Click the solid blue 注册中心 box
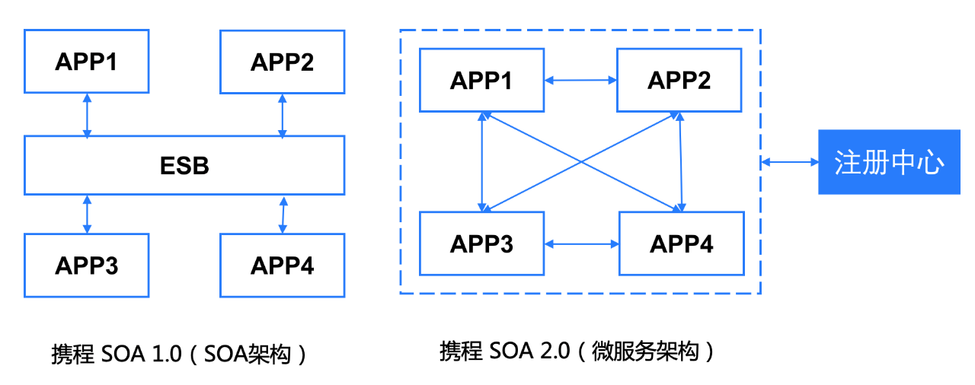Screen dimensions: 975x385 pyautogui.click(x=889, y=162)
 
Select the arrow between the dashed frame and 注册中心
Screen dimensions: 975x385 pyautogui.click(x=790, y=162)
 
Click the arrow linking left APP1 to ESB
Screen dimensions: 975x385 pyautogui.click(x=87, y=115)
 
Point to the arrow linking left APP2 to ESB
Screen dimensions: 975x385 pyautogui.click(x=283, y=116)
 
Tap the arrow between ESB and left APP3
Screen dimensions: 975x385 pyautogui.click(x=87, y=215)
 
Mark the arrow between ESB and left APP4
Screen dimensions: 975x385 pyautogui.click(x=283, y=215)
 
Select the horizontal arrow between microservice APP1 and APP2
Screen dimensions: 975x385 pyautogui.click(x=580, y=80)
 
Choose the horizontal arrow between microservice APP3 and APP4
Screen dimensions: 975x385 pyautogui.click(x=582, y=244)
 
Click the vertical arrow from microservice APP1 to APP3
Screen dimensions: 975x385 pyautogui.click(x=482, y=162)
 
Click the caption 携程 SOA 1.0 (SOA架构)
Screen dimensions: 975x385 pyautogui.click(x=179, y=354)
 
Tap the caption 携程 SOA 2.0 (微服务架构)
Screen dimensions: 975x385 pyautogui.click(x=577, y=351)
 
